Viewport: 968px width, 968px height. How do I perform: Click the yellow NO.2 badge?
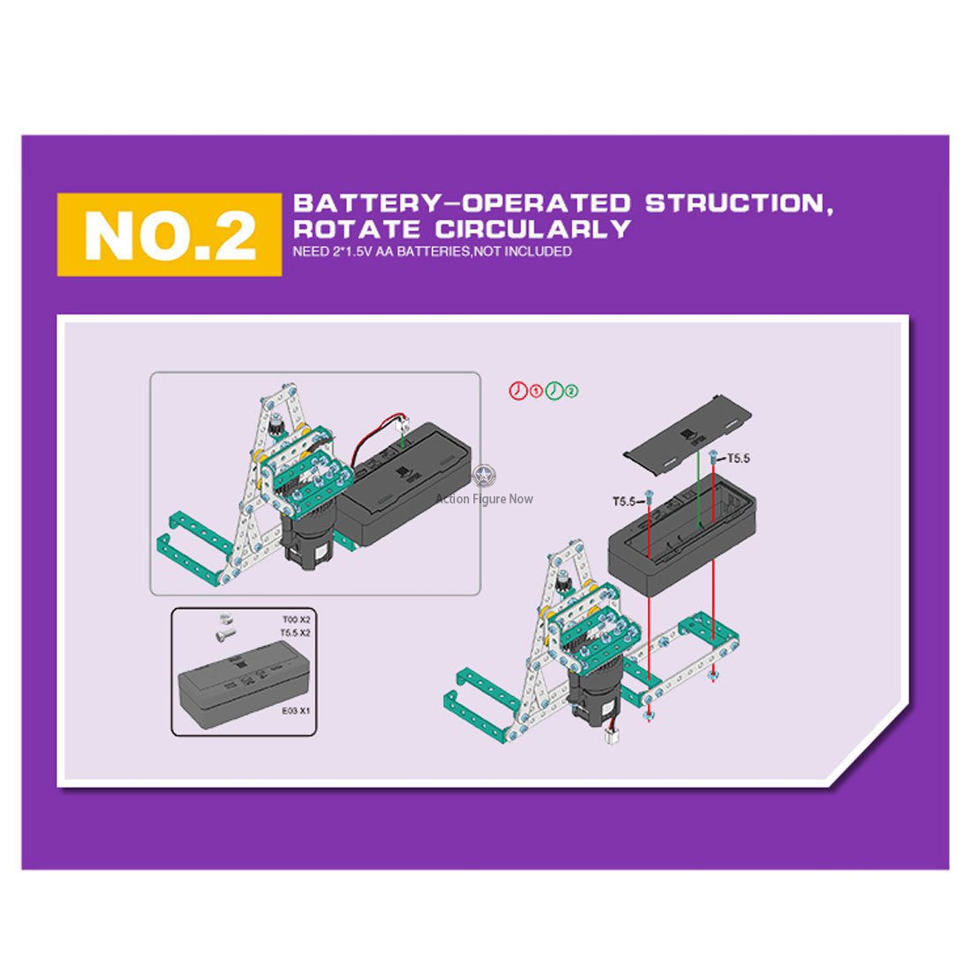[169, 235]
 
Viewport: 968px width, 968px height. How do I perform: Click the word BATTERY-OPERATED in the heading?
[462, 203]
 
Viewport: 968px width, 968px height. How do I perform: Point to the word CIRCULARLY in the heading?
[532, 229]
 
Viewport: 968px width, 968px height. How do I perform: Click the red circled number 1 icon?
[536, 391]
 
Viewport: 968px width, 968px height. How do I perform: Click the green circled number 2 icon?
[572, 391]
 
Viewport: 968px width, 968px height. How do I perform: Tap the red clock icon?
[518, 391]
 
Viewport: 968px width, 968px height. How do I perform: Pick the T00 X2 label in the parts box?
[297, 620]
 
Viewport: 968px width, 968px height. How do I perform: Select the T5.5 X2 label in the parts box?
[295, 633]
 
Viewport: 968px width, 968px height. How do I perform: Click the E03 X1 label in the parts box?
[296, 710]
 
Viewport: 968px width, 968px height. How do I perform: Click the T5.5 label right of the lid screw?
[738, 458]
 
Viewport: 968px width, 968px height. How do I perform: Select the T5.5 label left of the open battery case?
[624, 502]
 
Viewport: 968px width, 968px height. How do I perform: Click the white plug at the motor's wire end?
[612, 737]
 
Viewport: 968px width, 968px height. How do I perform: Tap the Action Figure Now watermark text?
[484, 499]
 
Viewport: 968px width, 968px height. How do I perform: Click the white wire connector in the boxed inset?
[405, 425]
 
